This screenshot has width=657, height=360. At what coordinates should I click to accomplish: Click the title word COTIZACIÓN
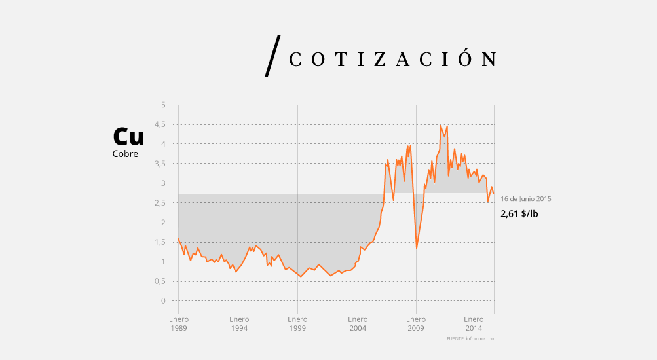[x=392, y=60]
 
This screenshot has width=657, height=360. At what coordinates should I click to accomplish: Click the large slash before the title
[x=272, y=56]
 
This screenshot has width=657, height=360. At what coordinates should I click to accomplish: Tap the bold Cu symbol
[x=128, y=136]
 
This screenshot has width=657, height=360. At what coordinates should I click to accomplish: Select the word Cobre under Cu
[x=125, y=154]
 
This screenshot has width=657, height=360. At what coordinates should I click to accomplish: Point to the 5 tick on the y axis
[x=163, y=105]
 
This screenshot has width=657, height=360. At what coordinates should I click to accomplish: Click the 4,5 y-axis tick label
[x=160, y=124]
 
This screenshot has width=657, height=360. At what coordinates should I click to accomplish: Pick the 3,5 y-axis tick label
[x=160, y=164]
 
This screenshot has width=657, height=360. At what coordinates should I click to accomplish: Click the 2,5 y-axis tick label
[x=160, y=203]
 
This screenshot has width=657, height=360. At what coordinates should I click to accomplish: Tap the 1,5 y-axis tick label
[x=160, y=242]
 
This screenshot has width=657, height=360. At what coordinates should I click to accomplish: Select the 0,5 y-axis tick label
[x=160, y=281]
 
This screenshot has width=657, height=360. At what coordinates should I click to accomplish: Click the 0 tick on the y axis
[x=163, y=301]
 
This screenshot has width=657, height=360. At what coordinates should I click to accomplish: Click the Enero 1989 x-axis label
[x=178, y=323]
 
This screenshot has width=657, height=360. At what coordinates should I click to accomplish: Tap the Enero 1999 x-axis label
[x=297, y=323]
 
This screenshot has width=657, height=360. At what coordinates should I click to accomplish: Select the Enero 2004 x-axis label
[x=357, y=323]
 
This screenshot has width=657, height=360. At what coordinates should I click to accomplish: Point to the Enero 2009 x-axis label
[x=416, y=323]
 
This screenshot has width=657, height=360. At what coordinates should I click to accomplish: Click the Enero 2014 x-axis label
[x=475, y=323]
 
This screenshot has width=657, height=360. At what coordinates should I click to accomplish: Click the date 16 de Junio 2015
[x=526, y=199]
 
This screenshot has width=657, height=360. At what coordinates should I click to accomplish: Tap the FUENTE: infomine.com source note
[x=471, y=339]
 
